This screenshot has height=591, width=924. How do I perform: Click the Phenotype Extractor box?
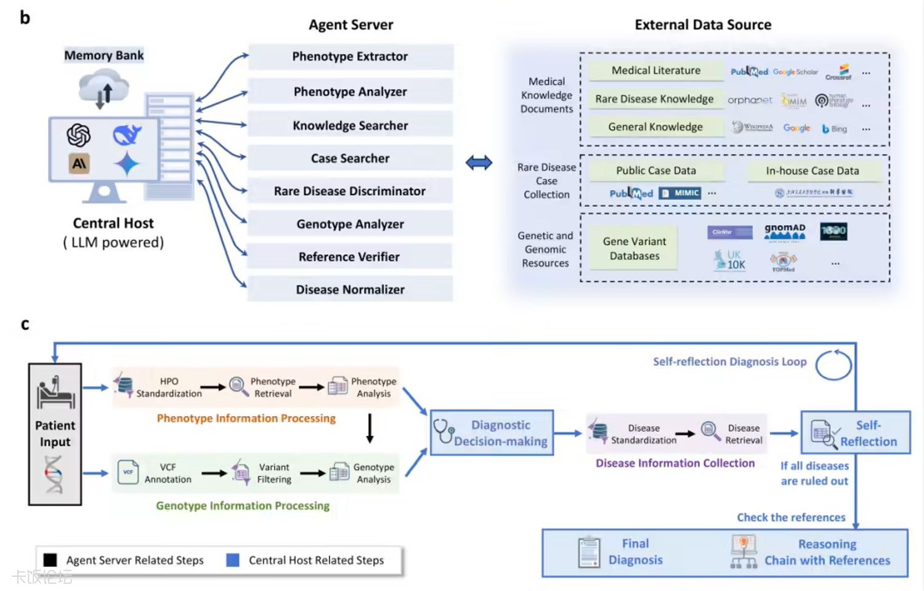point(350,57)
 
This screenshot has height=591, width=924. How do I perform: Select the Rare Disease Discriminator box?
point(350,191)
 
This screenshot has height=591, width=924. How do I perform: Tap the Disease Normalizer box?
point(350,289)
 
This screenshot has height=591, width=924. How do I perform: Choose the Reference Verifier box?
point(350,257)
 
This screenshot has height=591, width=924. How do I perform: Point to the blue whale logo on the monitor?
point(127,135)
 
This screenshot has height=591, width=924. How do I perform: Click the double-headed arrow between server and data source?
point(479,163)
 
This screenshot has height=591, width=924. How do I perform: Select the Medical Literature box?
point(655,71)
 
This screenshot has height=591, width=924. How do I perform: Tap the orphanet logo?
point(749,100)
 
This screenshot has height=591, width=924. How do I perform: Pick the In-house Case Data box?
point(812,171)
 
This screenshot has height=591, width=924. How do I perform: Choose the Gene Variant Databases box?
point(634,249)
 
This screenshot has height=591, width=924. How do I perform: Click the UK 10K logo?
point(730,260)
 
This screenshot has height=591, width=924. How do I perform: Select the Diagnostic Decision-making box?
point(492,433)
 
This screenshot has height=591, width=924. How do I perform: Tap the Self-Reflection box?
point(856,433)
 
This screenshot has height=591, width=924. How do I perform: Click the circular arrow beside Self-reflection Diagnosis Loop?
point(833,365)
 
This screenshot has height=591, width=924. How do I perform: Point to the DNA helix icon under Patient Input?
point(54,474)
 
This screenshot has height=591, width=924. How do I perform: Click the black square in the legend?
point(51,560)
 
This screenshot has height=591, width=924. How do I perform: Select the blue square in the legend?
point(233,560)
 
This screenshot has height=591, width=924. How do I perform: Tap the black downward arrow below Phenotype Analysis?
point(370,428)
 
